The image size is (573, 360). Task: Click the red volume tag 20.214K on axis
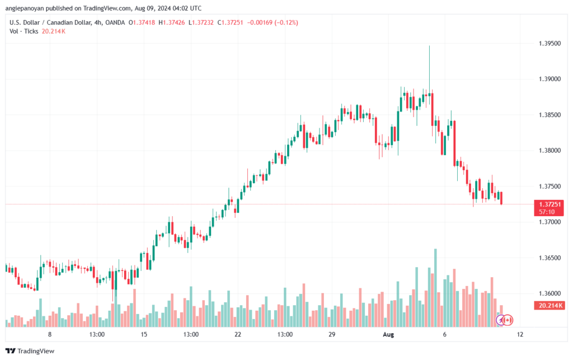click(549, 306)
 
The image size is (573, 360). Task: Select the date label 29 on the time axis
click(331, 334)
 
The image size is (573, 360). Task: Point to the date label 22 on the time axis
click(238, 334)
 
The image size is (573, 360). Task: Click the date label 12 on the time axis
click(520, 334)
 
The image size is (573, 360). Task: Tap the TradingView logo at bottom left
click(32, 351)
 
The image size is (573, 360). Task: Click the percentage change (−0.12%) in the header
click(284, 22)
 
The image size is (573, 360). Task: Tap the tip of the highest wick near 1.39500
click(429, 46)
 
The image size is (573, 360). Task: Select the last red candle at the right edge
click(501, 198)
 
